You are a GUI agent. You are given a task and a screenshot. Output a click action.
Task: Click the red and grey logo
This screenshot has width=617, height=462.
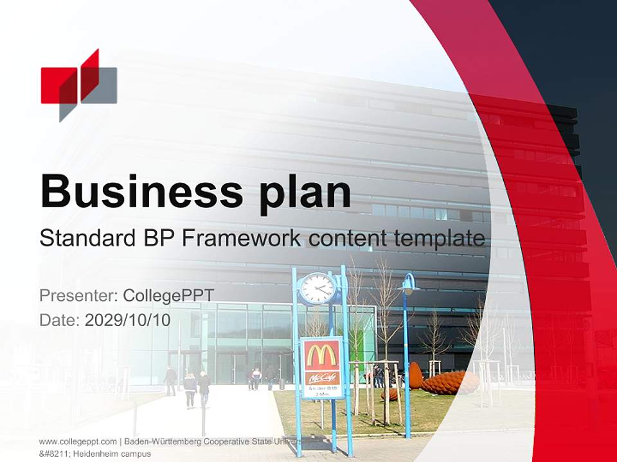click(x=78, y=85)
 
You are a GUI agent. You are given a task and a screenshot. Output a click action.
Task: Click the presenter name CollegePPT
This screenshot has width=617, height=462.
click(x=168, y=295)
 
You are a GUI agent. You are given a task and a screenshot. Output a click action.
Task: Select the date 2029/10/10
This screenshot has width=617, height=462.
click(x=127, y=320)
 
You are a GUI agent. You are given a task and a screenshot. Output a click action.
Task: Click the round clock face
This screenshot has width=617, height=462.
click(x=317, y=288)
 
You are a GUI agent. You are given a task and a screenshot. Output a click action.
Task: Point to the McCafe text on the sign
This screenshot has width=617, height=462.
click(x=322, y=378)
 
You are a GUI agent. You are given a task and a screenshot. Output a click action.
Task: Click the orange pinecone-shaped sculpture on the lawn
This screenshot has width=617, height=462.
click(x=450, y=382)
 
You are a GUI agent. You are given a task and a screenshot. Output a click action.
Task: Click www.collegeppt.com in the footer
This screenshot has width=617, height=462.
click(x=78, y=441)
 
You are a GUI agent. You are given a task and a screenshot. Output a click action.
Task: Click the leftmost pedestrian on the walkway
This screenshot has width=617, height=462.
click(x=170, y=380)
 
